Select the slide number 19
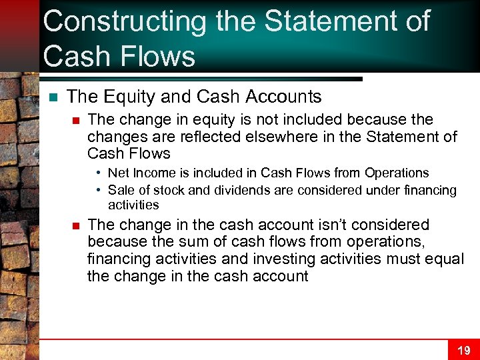click(x=463, y=351)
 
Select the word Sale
click(x=121, y=190)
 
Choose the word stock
click(x=169, y=190)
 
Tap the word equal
click(x=443, y=259)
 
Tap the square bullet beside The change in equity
click(x=76, y=120)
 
